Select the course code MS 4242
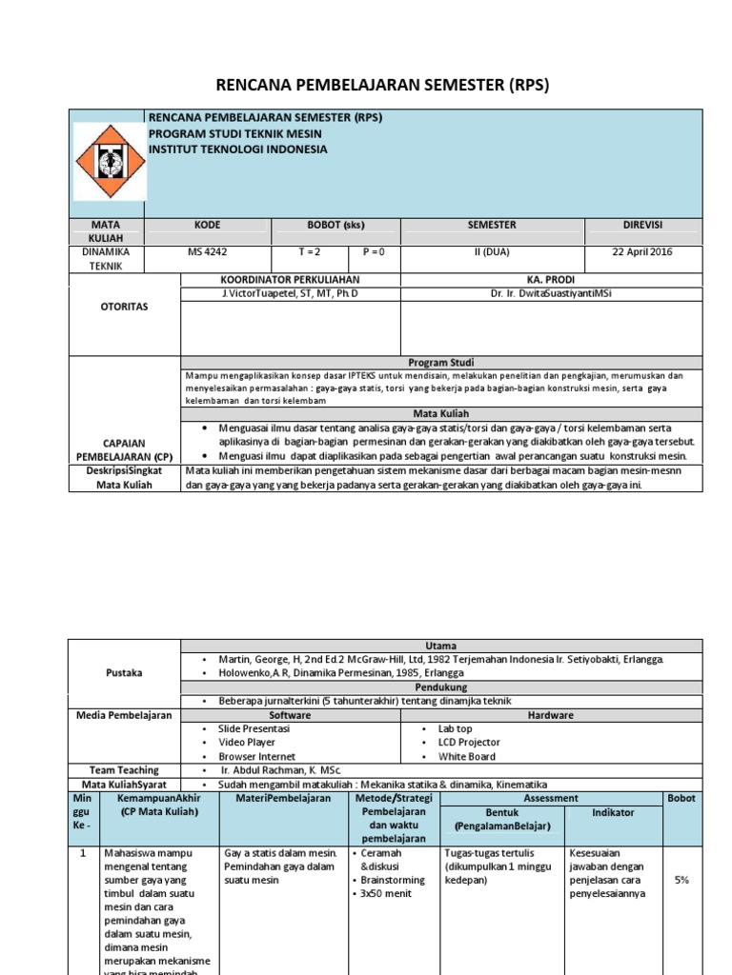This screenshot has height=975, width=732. pos(208,252)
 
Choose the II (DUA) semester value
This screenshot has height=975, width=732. pos(492,252)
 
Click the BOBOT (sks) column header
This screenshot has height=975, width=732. pos(335,225)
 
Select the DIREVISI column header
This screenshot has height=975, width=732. pos(644,225)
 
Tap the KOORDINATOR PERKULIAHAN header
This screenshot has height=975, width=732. pos(290,279)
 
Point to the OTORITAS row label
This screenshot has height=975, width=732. pos(125,308)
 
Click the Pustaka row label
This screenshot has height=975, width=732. pos(125,673)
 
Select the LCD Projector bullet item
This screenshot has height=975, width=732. pos(469,742)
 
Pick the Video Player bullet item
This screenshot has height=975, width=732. pos(247,742)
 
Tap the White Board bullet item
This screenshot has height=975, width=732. pos(466,756)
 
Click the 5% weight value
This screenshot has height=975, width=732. pos(681,881)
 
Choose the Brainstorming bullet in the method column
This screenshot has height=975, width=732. pos(393,881)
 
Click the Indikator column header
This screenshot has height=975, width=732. pos(613,812)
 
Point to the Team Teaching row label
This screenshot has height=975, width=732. pos(125,770)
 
